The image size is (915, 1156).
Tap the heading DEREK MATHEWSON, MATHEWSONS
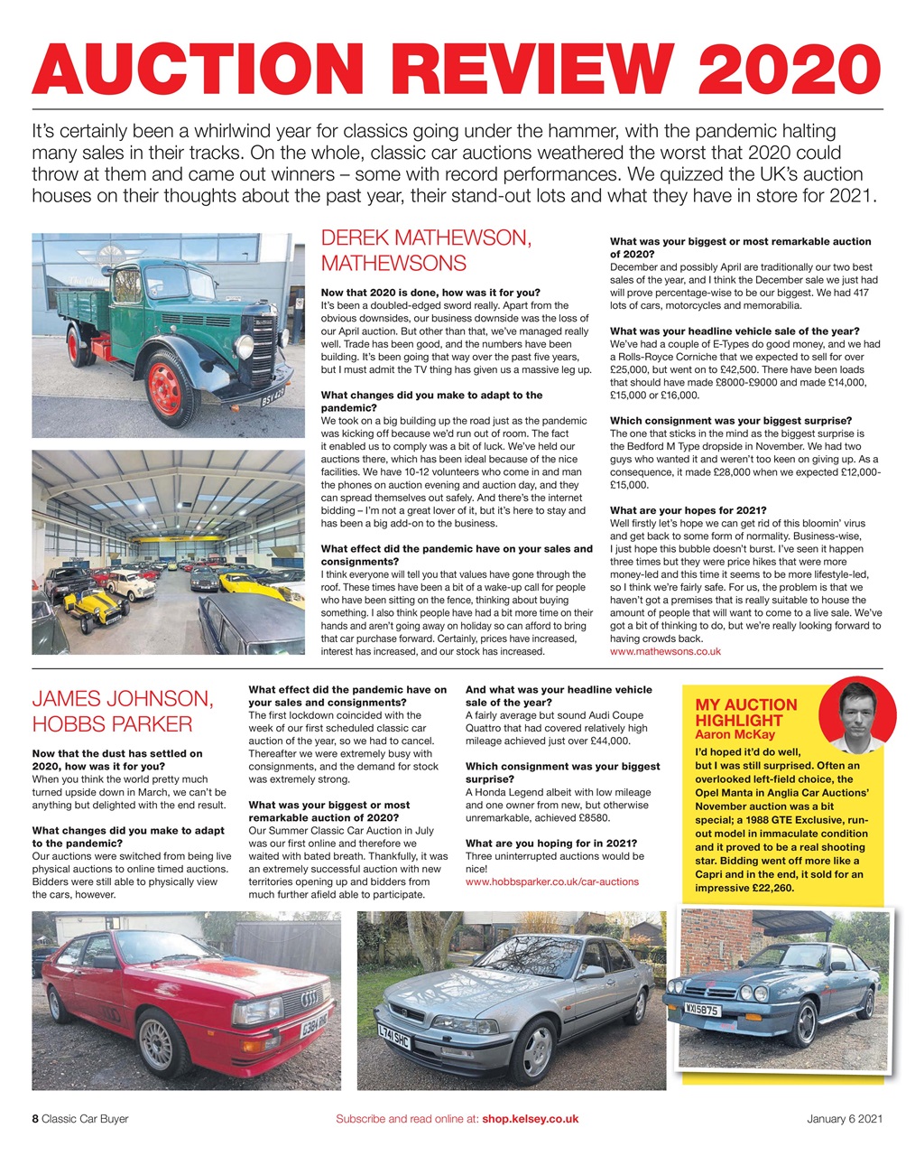point(426,251)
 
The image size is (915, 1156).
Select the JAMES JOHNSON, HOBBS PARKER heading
point(123,711)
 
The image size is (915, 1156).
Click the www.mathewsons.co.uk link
point(665,650)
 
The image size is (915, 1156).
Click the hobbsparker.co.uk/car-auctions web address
point(551,881)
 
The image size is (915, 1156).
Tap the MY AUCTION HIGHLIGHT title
point(746,713)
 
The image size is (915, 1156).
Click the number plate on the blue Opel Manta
point(701,1010)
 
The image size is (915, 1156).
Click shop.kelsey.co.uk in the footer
point(530,1118)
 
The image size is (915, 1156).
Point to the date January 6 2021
point(844,1118)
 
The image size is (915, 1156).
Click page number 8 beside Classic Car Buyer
point(35,1118)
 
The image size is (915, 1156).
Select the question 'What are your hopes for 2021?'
point(688,509)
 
